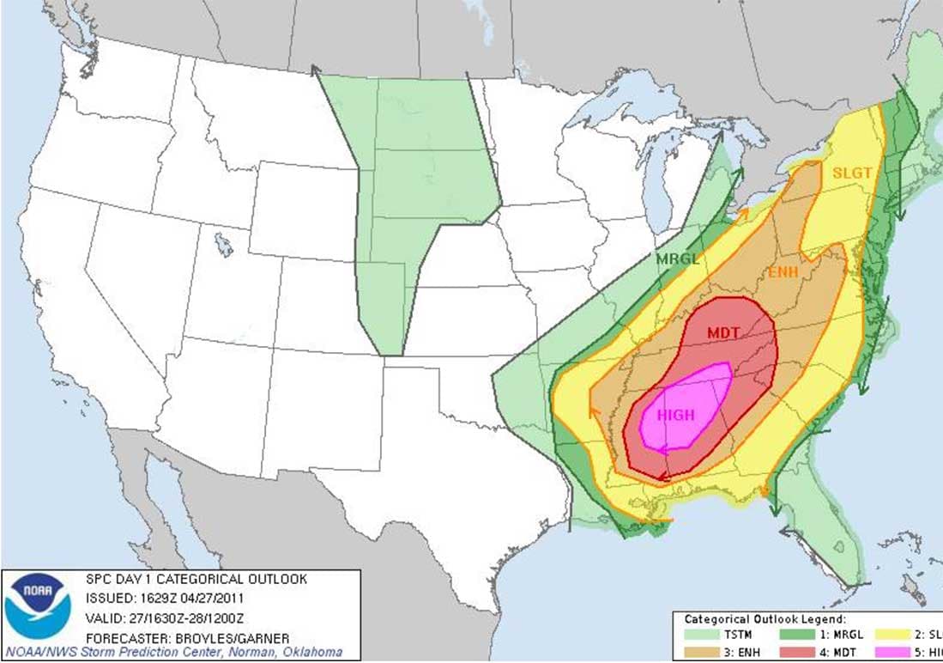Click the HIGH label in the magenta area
coord(675,415)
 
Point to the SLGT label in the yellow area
coord(851,173)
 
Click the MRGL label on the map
coord(678,258)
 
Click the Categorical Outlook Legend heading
coord(765,618)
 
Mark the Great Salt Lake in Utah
coord(223,245)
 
